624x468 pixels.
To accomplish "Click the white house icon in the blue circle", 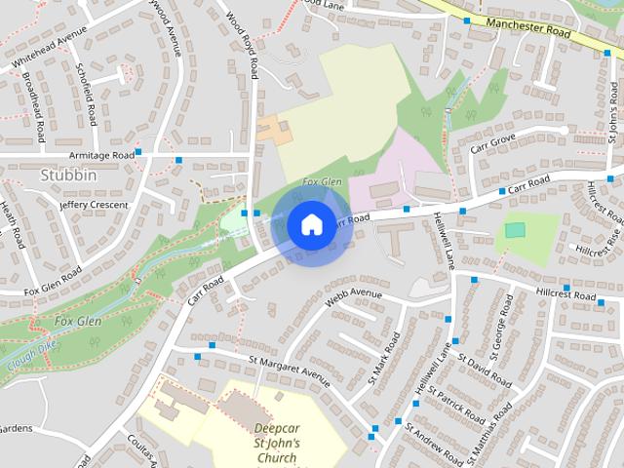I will coord(310,224).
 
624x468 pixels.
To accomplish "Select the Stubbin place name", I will coord(69,175).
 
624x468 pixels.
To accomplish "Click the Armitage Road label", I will coord(101,155).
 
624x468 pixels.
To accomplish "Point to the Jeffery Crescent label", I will coord(93,206).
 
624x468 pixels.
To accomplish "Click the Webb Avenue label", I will coord(354,293).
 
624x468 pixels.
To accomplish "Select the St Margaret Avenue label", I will coord(290,370).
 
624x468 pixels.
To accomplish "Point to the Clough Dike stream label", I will coord(28,360).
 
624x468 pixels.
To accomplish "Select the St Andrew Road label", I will coord(435,443).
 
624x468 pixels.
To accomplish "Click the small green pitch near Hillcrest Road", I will coord(514,230).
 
